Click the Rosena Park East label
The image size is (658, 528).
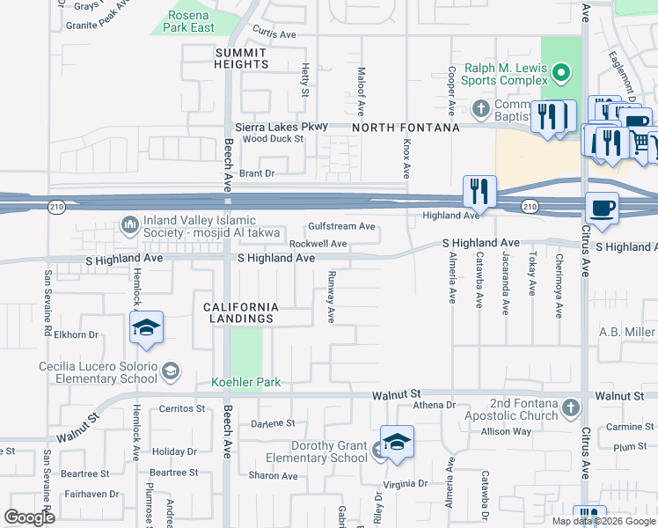tap(189, 22)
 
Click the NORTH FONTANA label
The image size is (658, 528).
tap(406, 128)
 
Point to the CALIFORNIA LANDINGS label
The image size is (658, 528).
tap(241, 312)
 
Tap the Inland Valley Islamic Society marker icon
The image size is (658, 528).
tap(130, 225)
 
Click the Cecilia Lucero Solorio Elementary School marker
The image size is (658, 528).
tap(169, 373)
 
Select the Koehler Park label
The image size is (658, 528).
tap(245, 383)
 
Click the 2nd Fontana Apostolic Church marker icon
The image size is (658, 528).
tap(571, 407)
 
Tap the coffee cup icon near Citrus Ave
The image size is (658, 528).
tap(603, 208)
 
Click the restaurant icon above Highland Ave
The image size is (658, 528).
tap(479, 191)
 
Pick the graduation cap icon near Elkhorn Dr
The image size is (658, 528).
tap(147, 329)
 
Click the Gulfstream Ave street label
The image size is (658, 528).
tap(342, 226)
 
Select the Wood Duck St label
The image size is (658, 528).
tap(273, 139)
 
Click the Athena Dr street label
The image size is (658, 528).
tap(434, 406)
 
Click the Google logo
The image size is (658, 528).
tap(30, 517)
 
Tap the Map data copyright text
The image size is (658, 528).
tap(603, 521)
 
